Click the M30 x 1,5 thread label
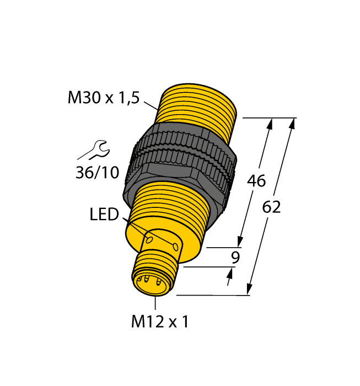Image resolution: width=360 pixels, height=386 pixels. click(104, 98)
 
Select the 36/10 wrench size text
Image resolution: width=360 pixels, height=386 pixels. click(96, 173)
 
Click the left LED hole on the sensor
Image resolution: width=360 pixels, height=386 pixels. click(149, 239)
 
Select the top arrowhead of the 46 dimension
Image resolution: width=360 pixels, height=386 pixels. click(270, 125)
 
